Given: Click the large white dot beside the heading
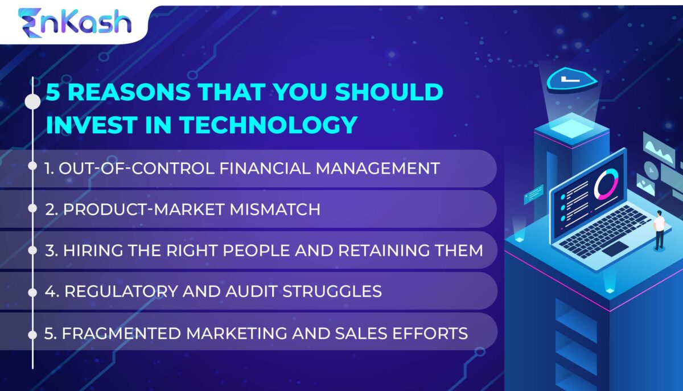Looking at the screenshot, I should click(33, 102).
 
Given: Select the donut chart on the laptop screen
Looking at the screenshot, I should click(604, 185).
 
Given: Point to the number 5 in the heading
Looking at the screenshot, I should click(52, 93).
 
